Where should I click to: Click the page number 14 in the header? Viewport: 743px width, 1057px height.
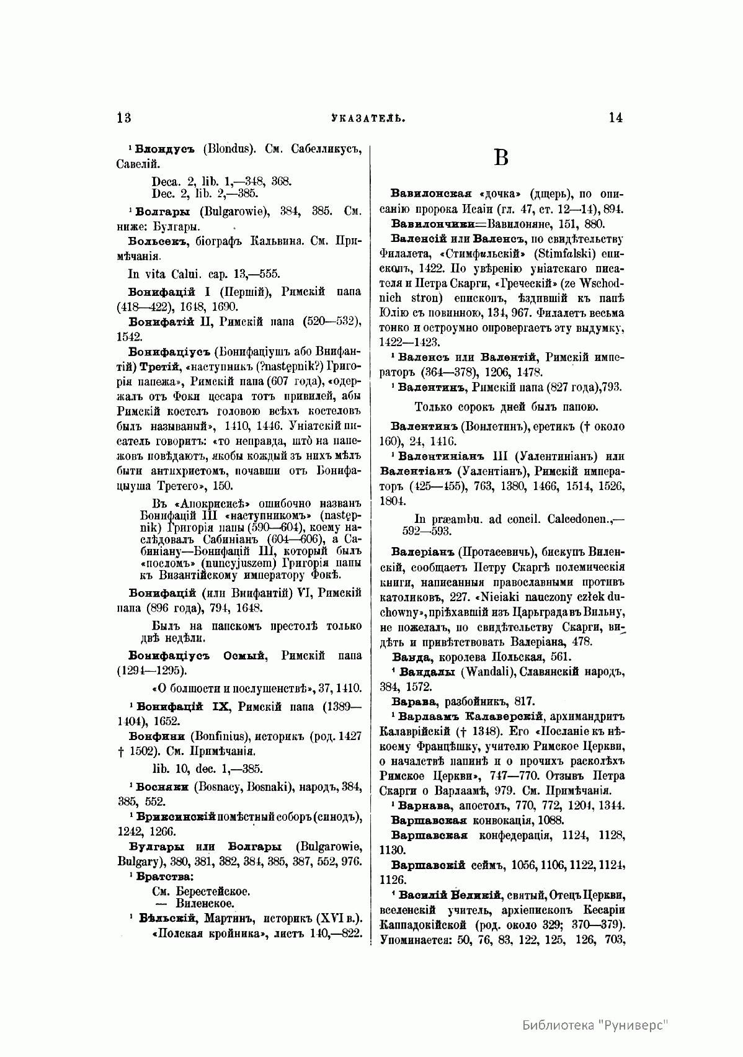[615, 118]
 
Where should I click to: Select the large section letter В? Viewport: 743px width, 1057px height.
[501, 158]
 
